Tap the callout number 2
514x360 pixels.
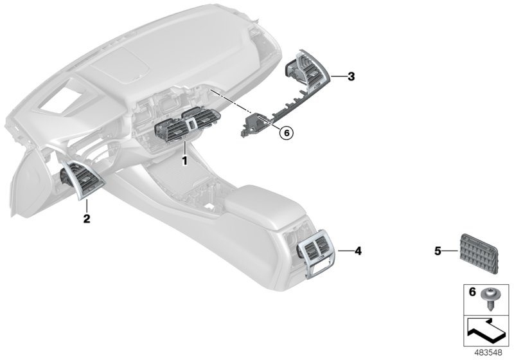[x=87, y=219]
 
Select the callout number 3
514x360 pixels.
[x=351, y=77]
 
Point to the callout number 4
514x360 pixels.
[x=358, y=250]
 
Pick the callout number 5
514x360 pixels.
[x=438, y=251]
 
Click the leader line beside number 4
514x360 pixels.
[x=342, y=250]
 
